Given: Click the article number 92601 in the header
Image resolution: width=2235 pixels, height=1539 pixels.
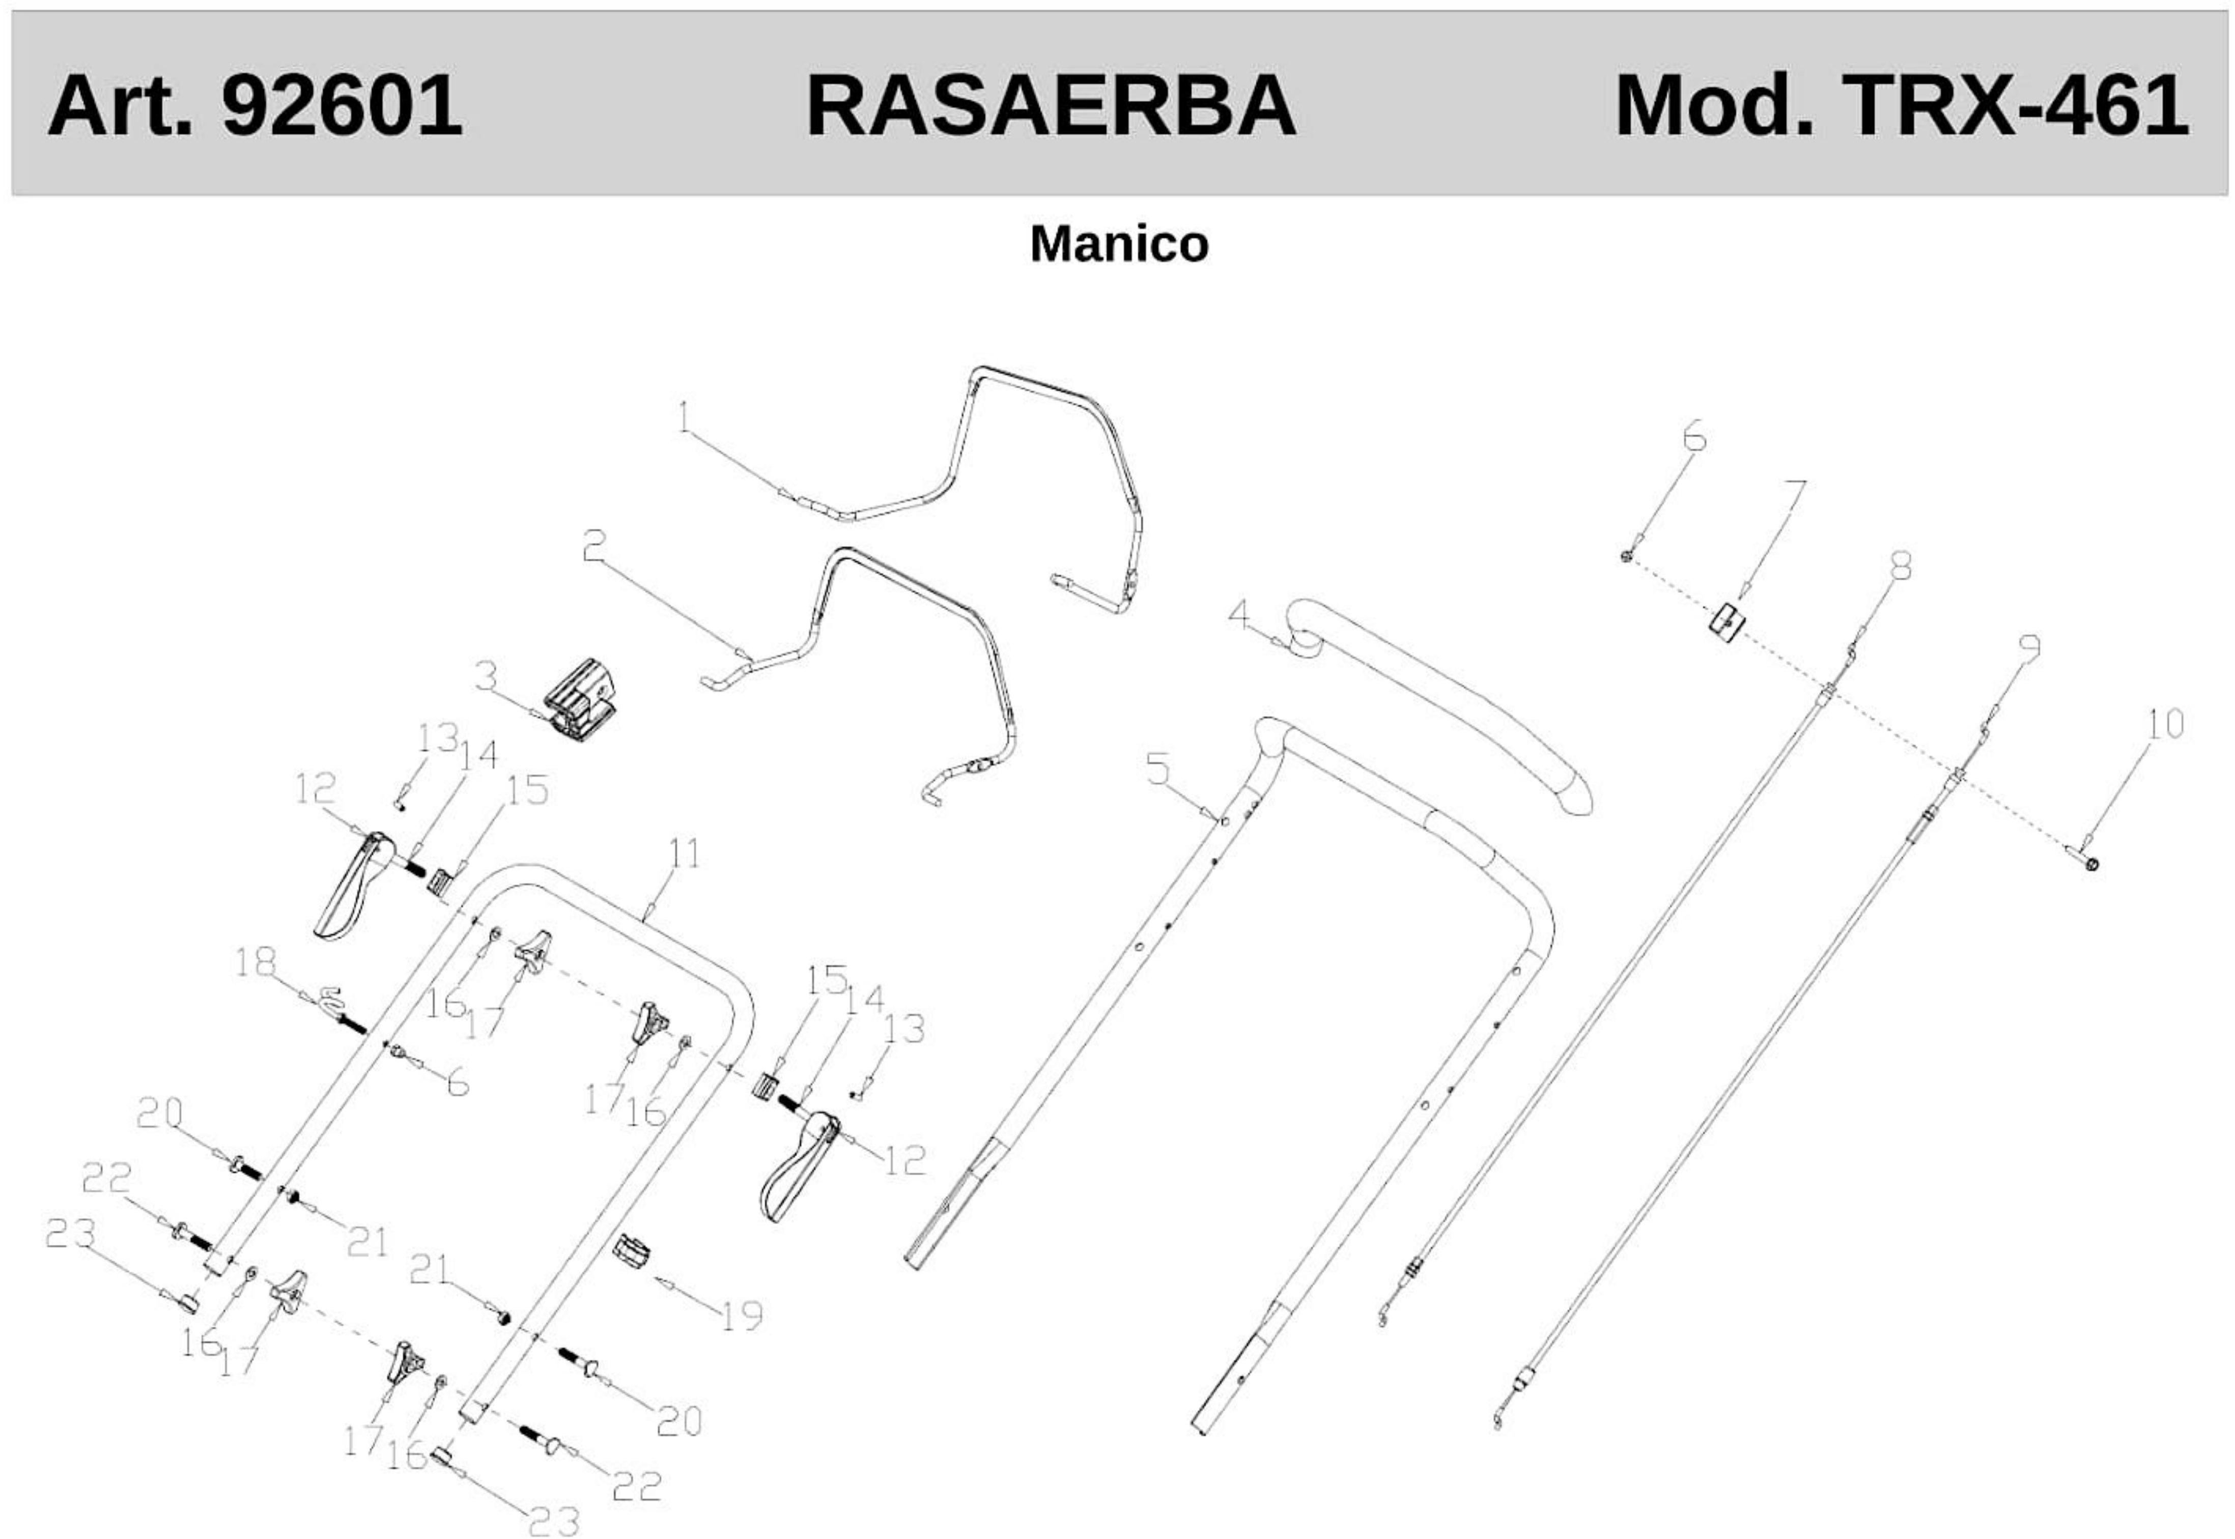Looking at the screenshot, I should tap(342, 105).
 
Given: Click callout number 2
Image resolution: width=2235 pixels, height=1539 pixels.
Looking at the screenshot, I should tap(594, 547).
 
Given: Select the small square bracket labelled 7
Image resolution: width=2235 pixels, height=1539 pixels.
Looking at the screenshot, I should tap(1727, 620).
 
